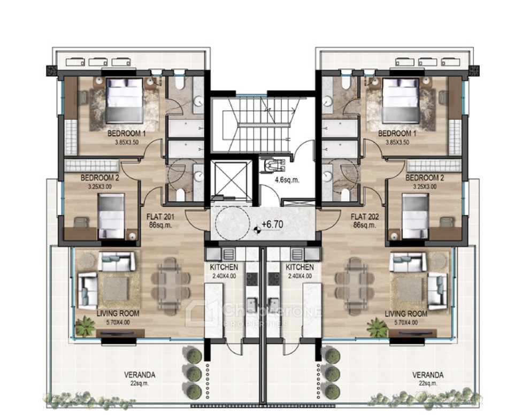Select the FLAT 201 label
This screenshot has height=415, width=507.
coord(160,218)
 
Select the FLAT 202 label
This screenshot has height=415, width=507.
coord(364,218)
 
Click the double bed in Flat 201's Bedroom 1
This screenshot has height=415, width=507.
coord(125,100)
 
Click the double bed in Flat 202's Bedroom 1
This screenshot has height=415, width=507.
coord(400,100)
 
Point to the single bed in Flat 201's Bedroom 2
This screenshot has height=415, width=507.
coord(111,215)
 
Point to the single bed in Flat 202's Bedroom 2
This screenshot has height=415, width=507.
coord(415,215)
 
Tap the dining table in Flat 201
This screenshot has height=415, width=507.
coord(171,279)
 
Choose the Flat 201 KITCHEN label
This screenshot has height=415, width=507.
coord(224,267)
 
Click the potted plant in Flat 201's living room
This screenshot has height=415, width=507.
coord(85,326)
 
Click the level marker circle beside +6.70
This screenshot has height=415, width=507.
coord(257,230)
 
